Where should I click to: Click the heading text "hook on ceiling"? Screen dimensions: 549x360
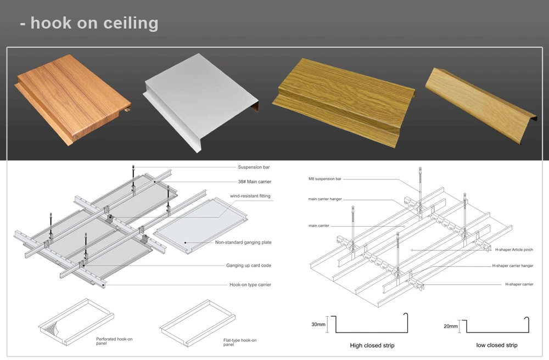pos(94,23)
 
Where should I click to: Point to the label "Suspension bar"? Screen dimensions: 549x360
pos(253,167)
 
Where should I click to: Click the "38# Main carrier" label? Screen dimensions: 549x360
pos(254,182)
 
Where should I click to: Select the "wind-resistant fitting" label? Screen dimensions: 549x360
pos(250,196)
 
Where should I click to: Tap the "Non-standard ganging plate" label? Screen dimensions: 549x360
pos(243,242)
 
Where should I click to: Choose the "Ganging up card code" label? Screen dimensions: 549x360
pos(249,266)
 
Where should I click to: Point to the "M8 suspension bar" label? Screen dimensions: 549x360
pos(325,179)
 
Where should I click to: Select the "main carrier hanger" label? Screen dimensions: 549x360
pos(326,199)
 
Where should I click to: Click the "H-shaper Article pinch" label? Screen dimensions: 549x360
pos(513,250)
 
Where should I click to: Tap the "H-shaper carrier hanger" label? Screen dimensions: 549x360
pos(513,266)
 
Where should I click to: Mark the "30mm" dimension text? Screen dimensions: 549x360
pos(318,324)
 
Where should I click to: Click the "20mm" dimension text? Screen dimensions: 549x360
pos(450,327)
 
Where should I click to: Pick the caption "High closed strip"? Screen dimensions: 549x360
pos(372,346)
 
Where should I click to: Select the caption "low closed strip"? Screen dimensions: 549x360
pos(497,345)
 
